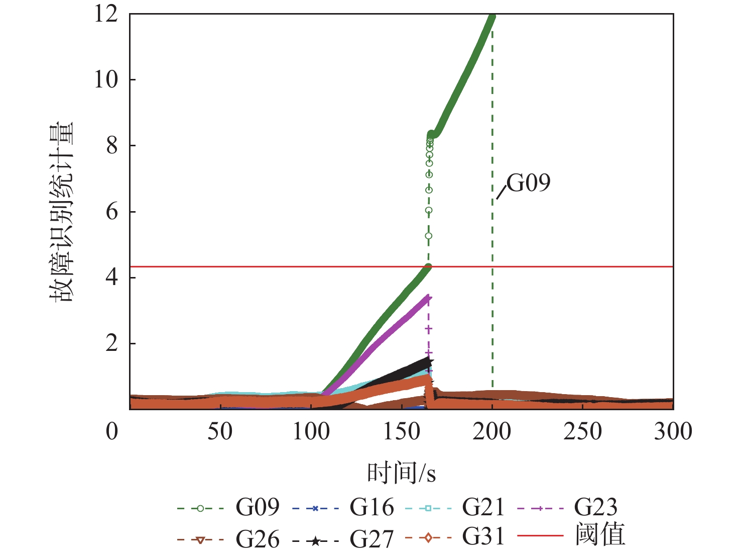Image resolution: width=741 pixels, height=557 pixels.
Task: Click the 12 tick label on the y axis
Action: point(106,14)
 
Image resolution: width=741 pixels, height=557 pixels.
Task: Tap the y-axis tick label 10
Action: point(106,79)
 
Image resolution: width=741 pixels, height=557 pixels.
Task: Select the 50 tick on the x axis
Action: point(220,431)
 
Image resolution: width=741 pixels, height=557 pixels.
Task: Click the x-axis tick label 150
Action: point(402,431)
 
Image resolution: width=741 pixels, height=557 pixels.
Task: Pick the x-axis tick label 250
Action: point(582,431)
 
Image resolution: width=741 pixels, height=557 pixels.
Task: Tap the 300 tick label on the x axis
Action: point(673,431)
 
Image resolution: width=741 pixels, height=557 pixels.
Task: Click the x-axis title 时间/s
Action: point(402,473)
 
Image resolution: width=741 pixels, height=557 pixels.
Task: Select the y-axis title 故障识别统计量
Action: point(61,212)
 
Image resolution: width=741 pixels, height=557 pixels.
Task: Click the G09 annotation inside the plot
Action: point(528,183)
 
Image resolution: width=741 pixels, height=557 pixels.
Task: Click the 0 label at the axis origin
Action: point(112,431)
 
